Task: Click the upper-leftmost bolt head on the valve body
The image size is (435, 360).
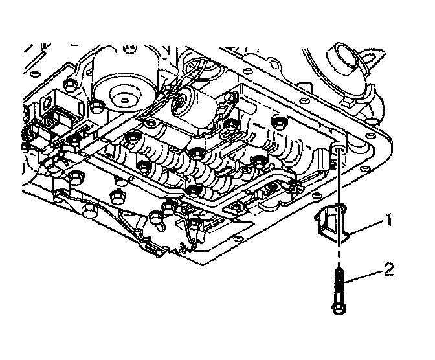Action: tap(97, 107)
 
